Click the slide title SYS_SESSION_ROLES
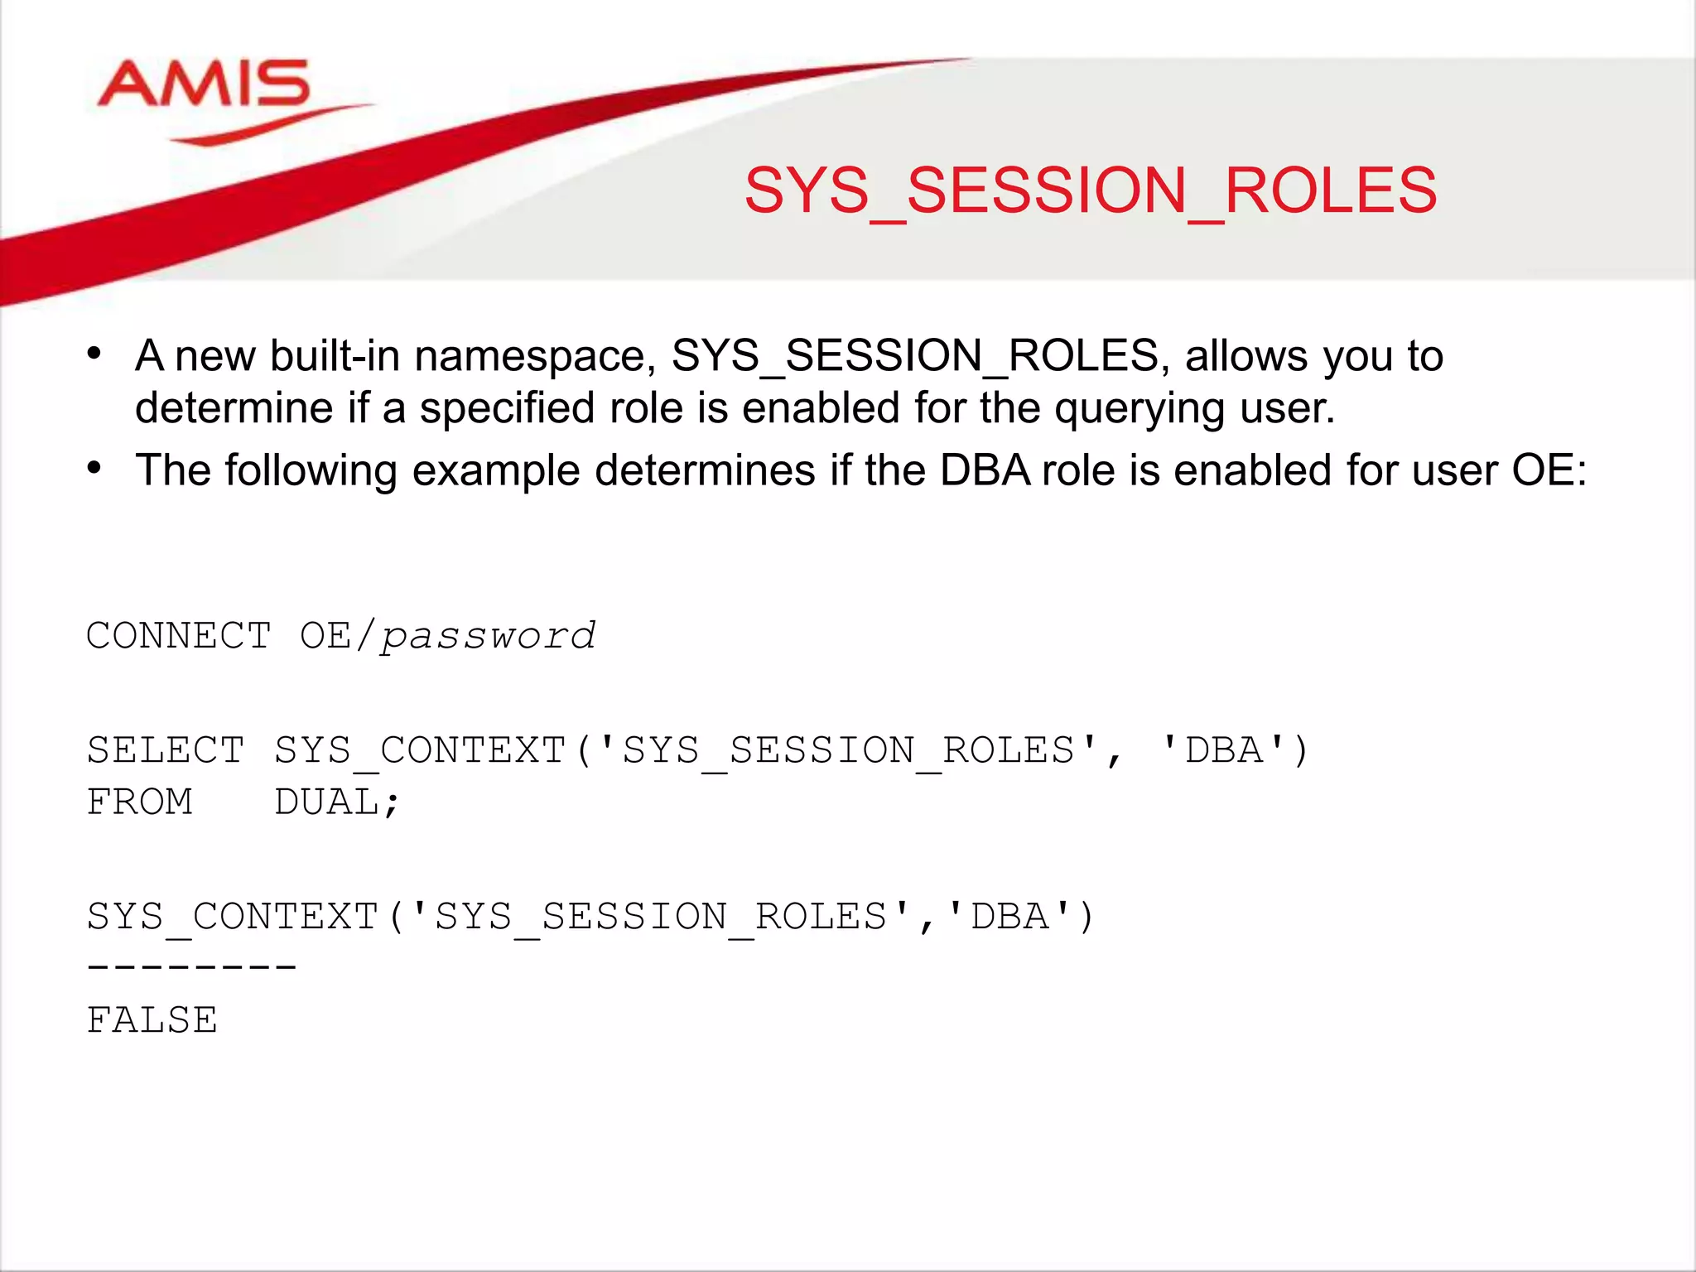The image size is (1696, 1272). tap(1090, 191)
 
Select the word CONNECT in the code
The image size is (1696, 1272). tap(179, 636)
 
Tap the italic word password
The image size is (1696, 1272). tap(488, 636)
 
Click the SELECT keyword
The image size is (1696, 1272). tap(166, 750)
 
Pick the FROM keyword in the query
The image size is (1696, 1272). tap(140, 802)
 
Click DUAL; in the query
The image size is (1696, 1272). tap(336, 802)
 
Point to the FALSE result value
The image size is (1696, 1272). tap(152, 1020)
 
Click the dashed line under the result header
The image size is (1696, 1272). tap(191, 966)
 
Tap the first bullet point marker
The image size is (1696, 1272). tap(94, 354)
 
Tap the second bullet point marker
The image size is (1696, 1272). tap(94, 468)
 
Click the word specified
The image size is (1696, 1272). tap(507, 408)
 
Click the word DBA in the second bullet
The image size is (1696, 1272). tap(985, 470)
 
